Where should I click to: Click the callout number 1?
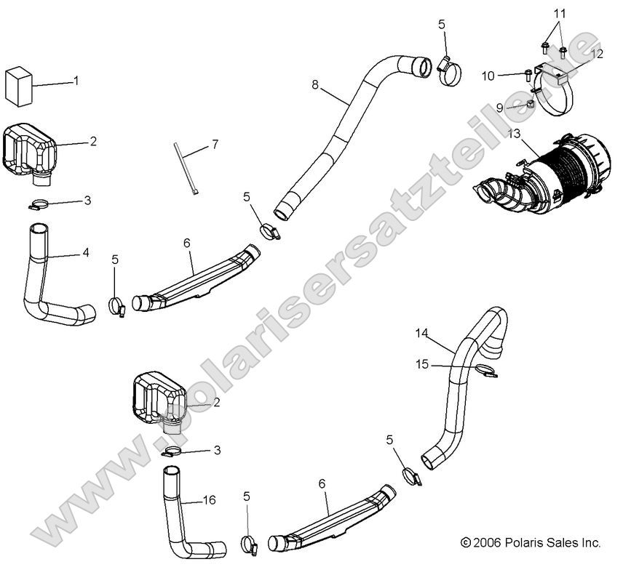tap(76, 81)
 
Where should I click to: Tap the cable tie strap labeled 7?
tap(182, 167)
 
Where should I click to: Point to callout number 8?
tap(315, 84)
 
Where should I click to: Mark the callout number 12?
tap(597, 53)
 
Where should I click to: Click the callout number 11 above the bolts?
tap(558, 14)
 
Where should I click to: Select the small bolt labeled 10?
tap(528, 73)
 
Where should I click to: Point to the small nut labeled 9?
tap(531, 105)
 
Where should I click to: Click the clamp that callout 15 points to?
tap(485, 372)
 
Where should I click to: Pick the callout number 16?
tap(209, 500)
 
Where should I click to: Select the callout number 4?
tap(85, 252)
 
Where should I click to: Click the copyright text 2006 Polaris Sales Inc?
tap(530, 542)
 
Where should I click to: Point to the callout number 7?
tap(215, 145)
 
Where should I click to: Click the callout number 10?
tap(488, 76)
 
